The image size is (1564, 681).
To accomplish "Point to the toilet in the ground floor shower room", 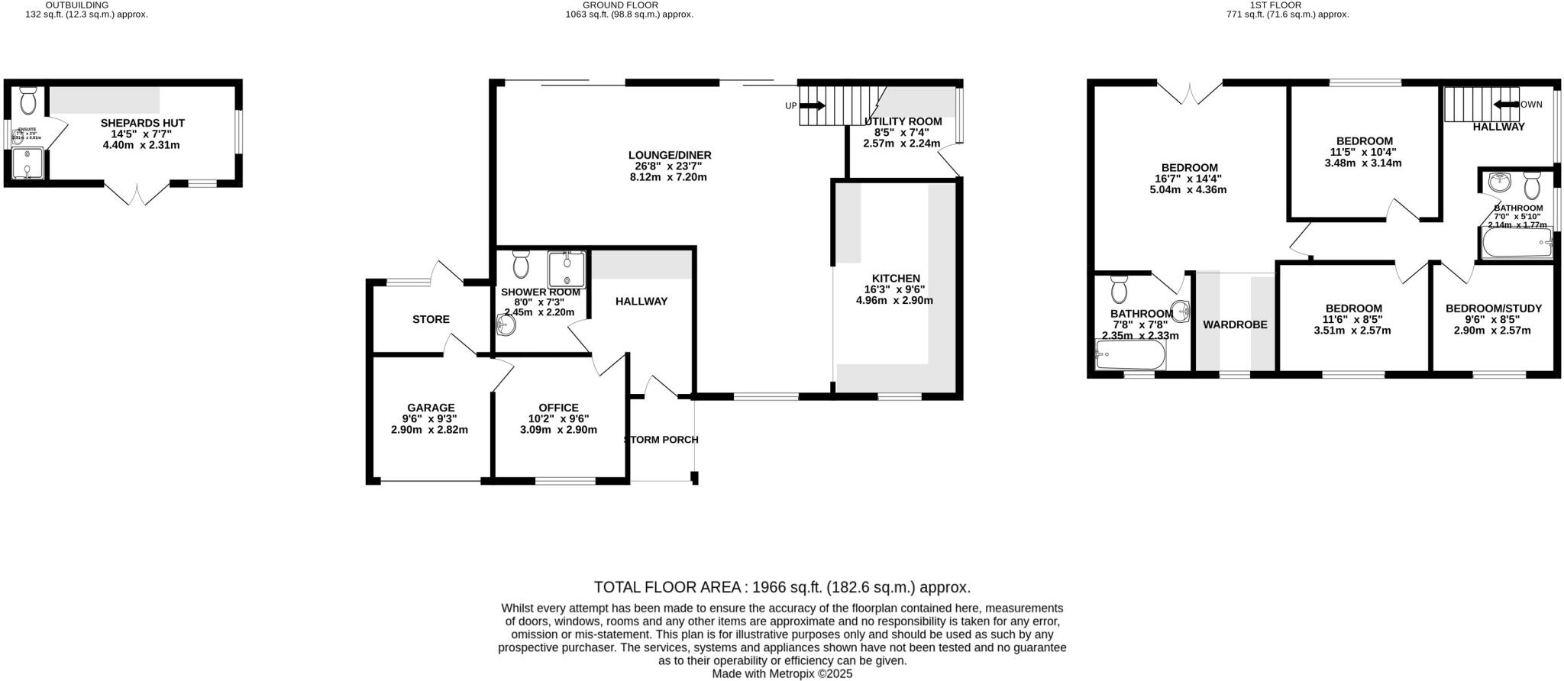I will [x=522, y=264].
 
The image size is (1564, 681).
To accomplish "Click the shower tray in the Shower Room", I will [x=567, y=269].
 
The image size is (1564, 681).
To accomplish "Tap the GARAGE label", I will [x=431, y=408].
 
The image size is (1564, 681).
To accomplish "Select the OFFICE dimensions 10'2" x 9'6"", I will [x=558, y=418].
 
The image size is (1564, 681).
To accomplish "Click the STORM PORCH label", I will [x=661, y=440].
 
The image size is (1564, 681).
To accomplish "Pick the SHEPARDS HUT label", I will [x=143, y=123].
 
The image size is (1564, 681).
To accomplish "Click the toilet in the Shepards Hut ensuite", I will [x=28, y=100].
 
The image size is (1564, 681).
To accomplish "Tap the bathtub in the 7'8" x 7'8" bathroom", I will [x=1130, y=355].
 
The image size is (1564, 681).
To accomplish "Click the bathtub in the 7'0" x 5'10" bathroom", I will [x=1517, y=246].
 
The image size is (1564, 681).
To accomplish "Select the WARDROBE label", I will [x=1235, y=324].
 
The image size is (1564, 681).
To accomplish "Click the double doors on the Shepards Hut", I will [x=136, y=195].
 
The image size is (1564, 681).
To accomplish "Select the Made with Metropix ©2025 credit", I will [x=782, y=674].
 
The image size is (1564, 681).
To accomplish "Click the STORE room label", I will [x=431, y=319].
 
